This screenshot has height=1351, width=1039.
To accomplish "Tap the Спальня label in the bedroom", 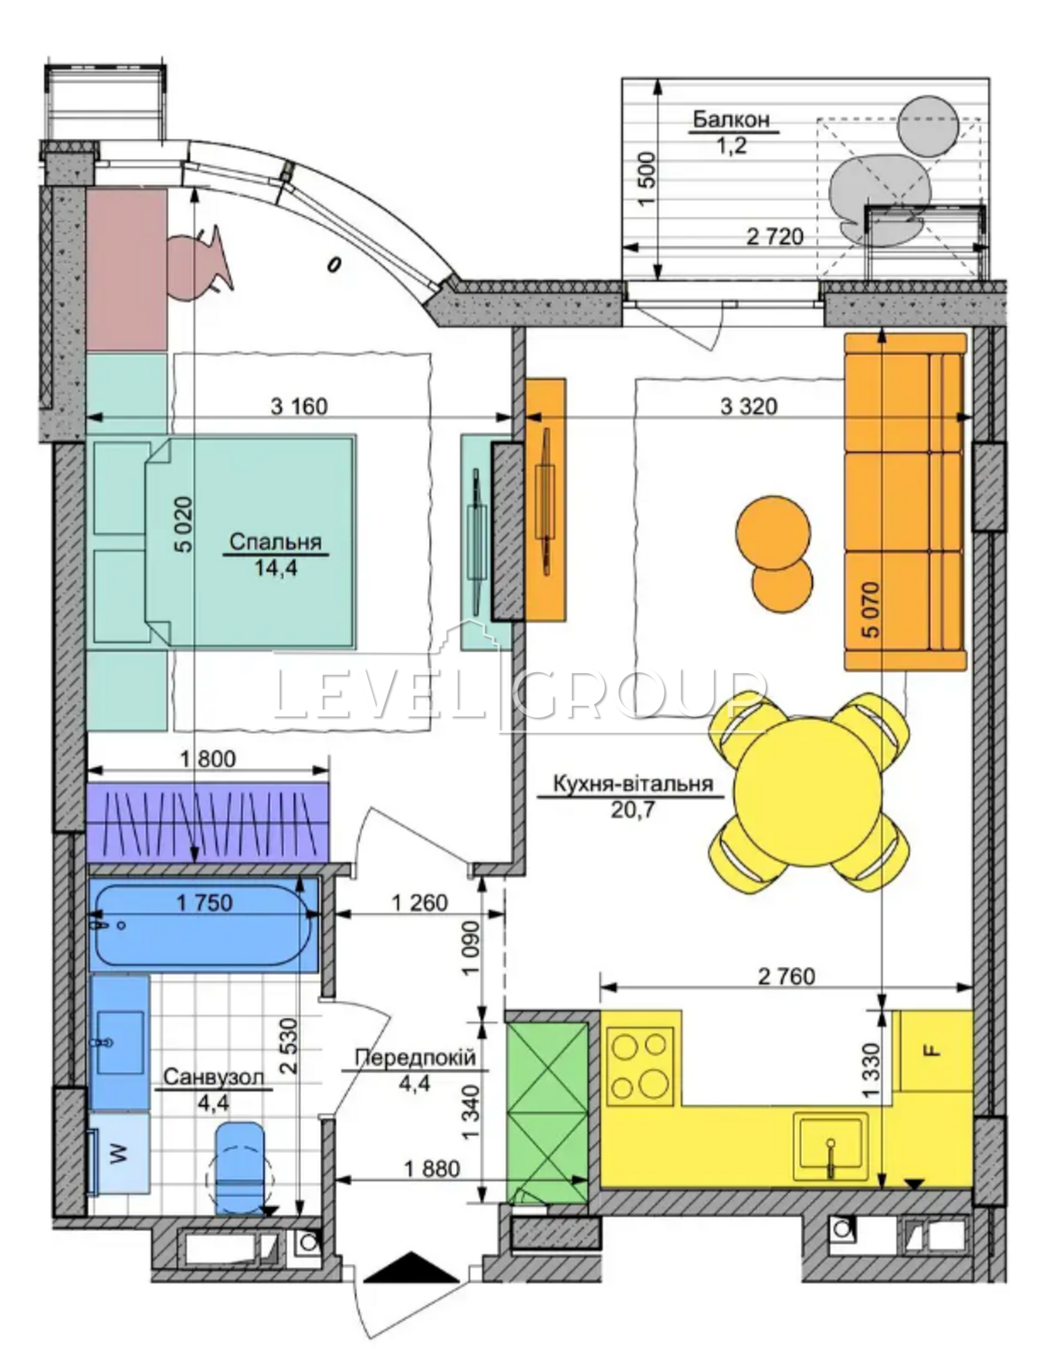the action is click(x=275, y=541).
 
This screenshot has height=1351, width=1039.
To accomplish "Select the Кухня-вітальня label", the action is click(x=633, y=784).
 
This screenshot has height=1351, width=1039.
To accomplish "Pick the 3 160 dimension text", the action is click(x=299, y=407).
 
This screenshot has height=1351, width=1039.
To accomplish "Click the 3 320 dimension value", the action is click(x=748, y=407).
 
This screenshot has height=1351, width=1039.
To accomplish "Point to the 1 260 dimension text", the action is click(x=420, y=902).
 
